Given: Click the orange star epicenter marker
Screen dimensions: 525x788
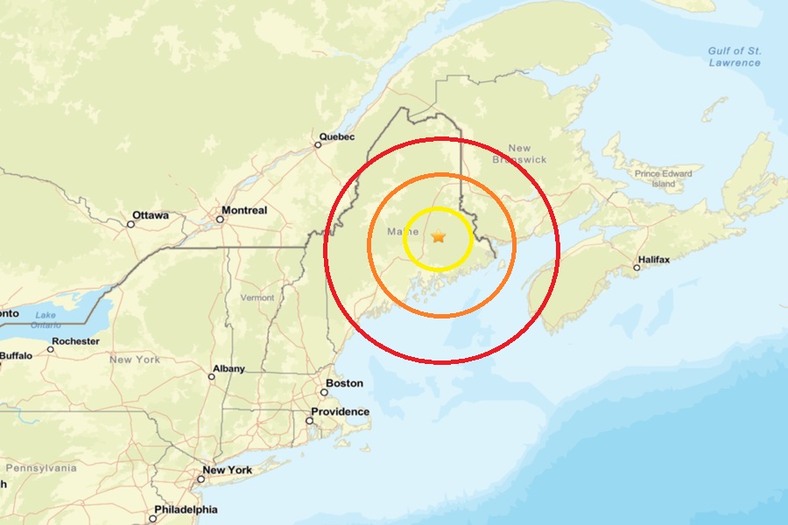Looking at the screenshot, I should click(439, 236).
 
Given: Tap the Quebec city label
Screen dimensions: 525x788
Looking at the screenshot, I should click(337, 136).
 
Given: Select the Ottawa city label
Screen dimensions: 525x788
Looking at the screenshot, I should click(150, 214).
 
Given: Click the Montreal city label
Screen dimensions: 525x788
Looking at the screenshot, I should click(244, 210).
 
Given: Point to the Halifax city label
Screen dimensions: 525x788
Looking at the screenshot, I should click(654, 260).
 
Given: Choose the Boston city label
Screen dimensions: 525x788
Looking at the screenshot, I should click(343, 383).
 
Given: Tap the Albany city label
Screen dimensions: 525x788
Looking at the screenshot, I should click(229, 368).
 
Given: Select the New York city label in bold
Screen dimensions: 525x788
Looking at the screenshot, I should click(227, 470).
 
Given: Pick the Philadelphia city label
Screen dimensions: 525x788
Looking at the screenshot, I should click(186, 509).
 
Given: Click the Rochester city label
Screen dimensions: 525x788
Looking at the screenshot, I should click(75, 341).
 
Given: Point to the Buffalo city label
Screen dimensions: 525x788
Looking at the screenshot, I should click(16, 355).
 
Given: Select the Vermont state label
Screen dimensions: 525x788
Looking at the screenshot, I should click(257, 297).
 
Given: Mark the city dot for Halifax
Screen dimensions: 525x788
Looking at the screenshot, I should click(637, 267).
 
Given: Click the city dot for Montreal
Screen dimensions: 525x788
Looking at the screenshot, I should click(219, 219).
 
